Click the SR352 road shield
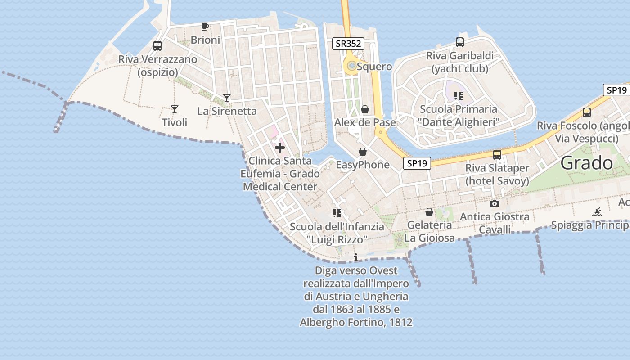[x=348, y=44]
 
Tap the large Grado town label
[x=587, y=163]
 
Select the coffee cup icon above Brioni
[x=205, y=27]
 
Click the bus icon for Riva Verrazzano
[x=157, y=45]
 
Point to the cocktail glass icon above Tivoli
[x=174, y=109]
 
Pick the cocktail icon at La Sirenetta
[x=227, y=98]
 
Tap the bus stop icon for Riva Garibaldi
[x=459, y=42]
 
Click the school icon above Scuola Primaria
[x=458, y=95]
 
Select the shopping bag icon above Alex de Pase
[x=365, y=109]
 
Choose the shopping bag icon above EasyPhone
[x=362, y=152]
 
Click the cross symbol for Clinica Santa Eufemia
[x=280, y=147]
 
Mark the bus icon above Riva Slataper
[x=497, y=155]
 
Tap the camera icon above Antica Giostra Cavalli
[x=494, y=203]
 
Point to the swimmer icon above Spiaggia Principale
[x=597, y=212]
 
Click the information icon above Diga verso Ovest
[x=356, y=257]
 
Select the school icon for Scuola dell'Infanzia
[x=337, y=213]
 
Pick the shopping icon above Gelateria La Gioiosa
[x=429, y=211]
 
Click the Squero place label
[x=374, y=67]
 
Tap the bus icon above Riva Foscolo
[x=587, y=112]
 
